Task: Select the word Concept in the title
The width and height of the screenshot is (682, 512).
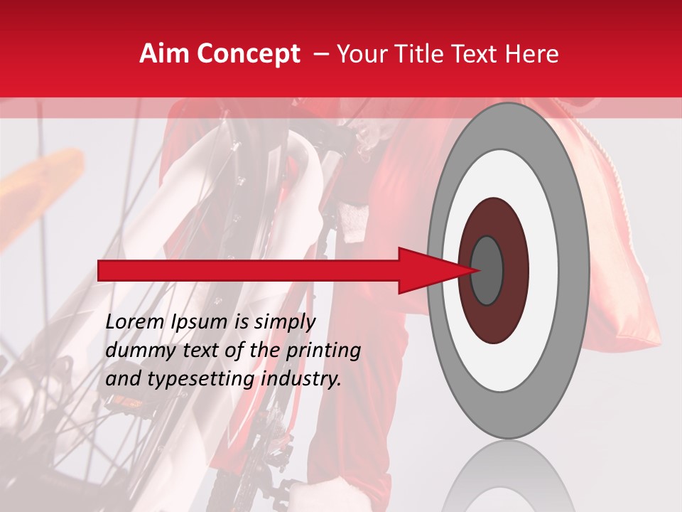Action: [249, 55]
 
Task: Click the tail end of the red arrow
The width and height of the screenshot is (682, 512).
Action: [103, 270]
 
